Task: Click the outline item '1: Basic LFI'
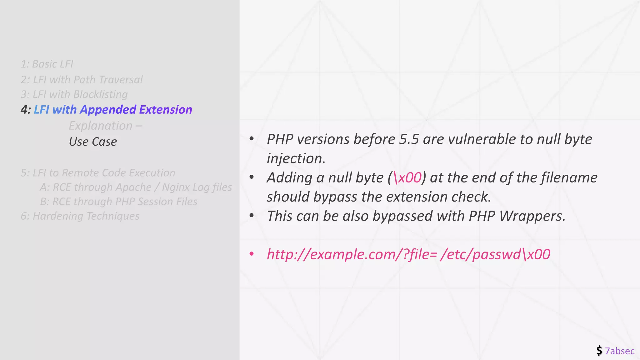click(47, 64)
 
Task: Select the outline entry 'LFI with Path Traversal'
click(87, 80)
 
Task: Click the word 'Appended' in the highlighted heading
click(107, 110)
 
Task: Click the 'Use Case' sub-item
click(93, 142)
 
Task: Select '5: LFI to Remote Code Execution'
click(98, 172)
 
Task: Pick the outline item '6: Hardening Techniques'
click(80, 216)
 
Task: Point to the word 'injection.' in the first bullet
click(296, 158)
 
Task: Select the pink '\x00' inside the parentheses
click(407, 177)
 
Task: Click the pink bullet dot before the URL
click(252, 254)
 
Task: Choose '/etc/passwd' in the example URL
click(480, 254)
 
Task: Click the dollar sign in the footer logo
click(599, 351)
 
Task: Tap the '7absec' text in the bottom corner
click(620, 351)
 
